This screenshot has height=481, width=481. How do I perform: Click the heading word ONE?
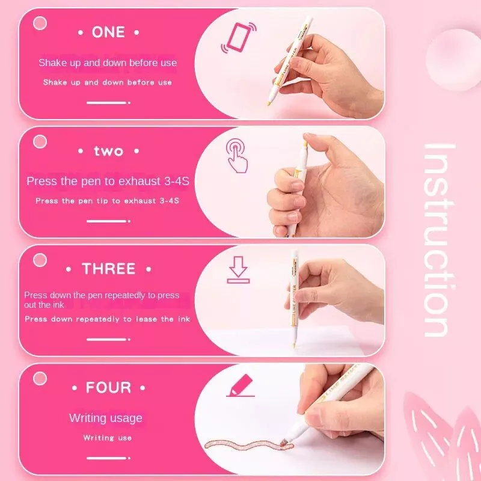(108, 32)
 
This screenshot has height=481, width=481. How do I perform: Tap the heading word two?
(109, 151)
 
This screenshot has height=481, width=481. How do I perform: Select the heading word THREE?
(109, 269)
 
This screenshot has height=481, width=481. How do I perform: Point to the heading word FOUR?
(108, 387)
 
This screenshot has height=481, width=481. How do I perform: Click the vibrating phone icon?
(239, 37)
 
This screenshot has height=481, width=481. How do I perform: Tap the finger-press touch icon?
(237, 156)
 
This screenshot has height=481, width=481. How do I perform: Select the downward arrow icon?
(238, 269)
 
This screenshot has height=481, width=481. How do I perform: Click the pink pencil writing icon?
(240, 385)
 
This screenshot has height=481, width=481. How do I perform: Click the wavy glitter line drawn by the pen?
(248, 446)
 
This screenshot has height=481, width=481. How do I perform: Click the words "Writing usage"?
(106, 418)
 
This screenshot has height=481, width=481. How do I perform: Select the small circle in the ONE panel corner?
(40, 23)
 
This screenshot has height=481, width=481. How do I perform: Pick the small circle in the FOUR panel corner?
(40, 378)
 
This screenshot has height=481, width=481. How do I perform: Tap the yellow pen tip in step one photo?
(269, 103)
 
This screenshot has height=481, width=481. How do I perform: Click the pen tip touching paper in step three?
(294, 345)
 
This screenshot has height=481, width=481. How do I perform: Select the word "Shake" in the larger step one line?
(52, 63)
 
